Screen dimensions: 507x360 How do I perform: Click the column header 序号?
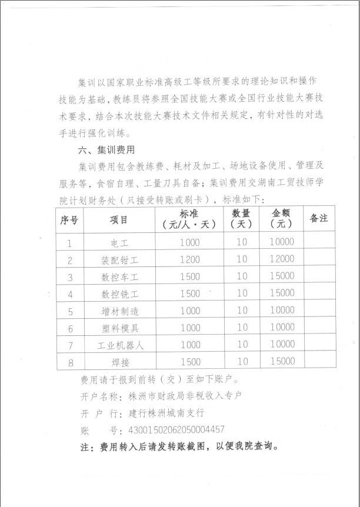point(69,219)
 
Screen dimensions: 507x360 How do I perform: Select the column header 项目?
point(119,219)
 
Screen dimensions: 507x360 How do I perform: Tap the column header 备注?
point(318,219)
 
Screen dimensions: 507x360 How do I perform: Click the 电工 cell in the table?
point(119,242)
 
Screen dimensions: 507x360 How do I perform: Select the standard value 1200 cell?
point(190,259)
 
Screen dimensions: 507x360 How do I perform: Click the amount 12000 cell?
point(281,259)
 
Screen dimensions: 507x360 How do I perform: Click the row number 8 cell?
point(69,362)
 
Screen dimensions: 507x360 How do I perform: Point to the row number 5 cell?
point(69,311)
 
